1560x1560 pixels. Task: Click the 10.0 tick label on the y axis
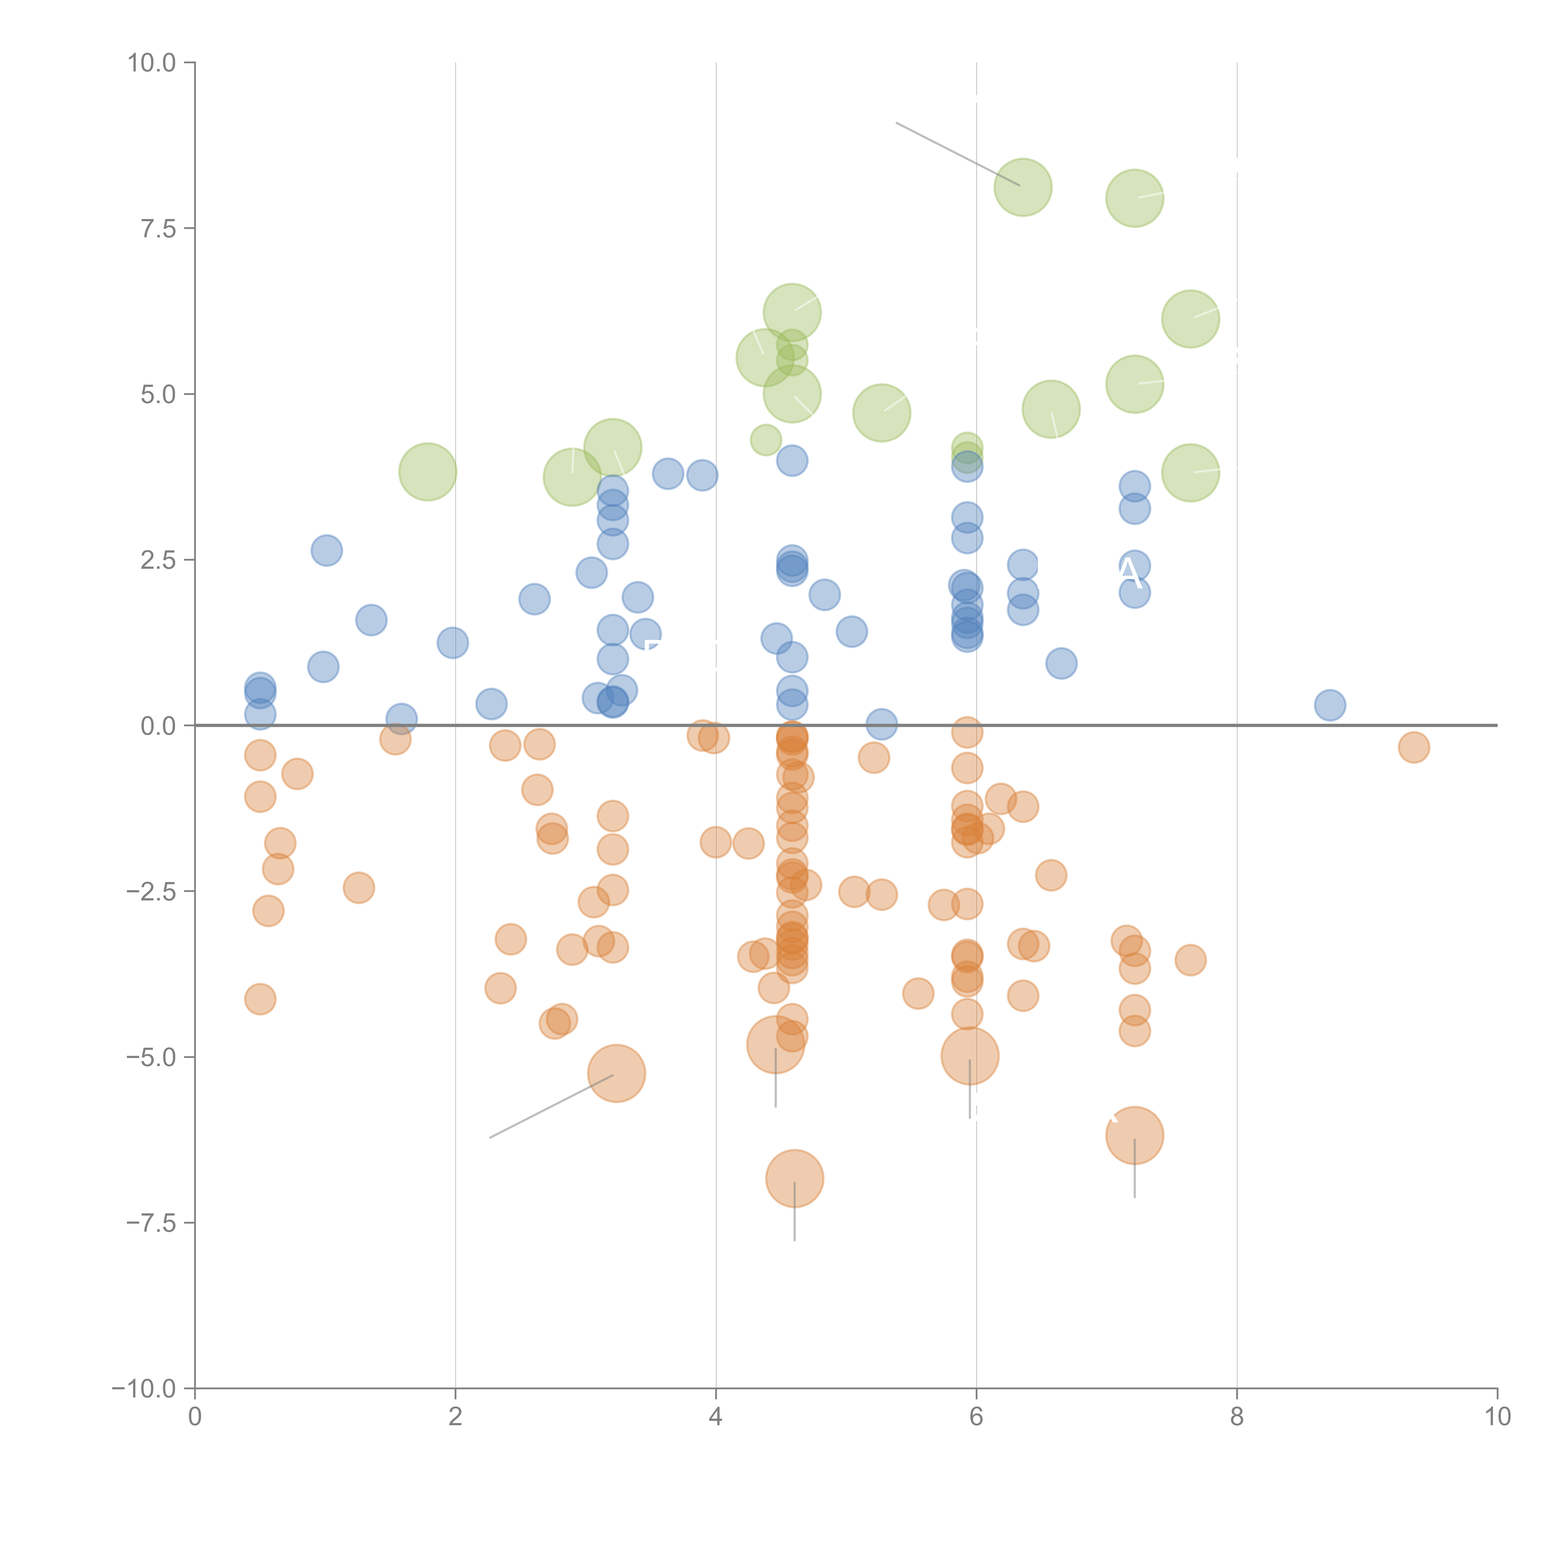(152, 63)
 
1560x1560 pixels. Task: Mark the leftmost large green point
(427, 471)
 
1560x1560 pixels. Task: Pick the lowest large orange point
(795, 1178)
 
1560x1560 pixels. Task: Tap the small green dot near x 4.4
(765, 440)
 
